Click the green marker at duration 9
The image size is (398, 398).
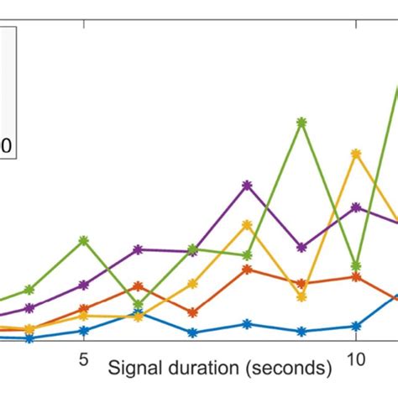(301, 122)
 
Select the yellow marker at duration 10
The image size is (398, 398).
(356, 153)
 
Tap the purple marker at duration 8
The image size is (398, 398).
(247, 184)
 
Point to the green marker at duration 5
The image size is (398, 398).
(84, 239)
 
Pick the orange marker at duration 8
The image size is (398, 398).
(247, 270)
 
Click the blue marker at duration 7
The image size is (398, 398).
(192, 333)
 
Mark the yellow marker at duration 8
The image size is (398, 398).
(247, 224)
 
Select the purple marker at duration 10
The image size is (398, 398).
(356, 207)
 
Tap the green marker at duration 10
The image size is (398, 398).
(356, 265)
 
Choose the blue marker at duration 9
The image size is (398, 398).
(301, 331)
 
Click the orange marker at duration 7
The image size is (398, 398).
(192, 312)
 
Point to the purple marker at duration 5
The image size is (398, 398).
(84, 285)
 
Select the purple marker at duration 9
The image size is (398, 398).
(301, 248)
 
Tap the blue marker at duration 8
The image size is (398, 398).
(247, 323)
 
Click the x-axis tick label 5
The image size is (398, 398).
(84, 358)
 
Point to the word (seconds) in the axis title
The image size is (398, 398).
(290, 368)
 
